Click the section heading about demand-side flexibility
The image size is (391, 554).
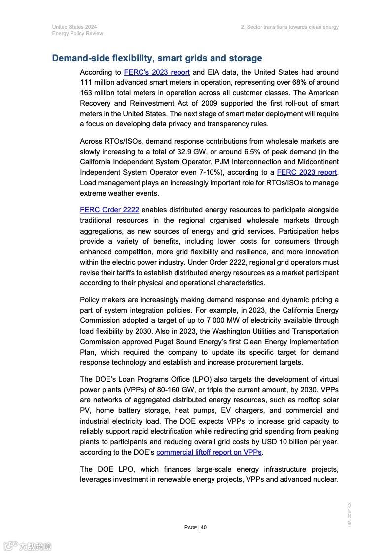(157, 58)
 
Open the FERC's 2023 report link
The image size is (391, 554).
(157, 72)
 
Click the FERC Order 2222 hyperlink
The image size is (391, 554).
(109, 210)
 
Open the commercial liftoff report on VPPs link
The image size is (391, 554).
(209, 452)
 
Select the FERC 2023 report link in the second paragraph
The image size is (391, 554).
(307, 172)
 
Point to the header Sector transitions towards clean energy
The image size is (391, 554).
(289, 27)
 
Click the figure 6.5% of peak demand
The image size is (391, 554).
(298, 152)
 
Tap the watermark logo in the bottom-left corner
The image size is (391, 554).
(28, 546)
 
